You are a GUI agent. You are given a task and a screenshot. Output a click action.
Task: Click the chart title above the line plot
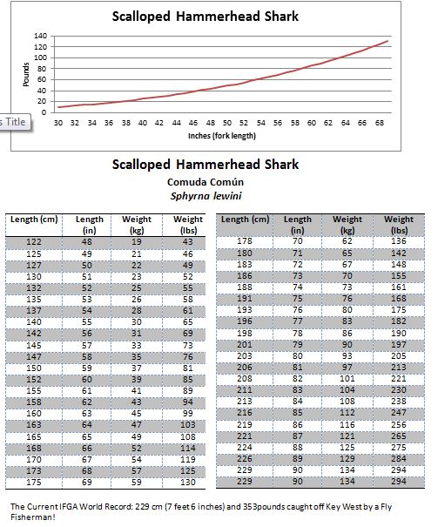click(x=206, y=15)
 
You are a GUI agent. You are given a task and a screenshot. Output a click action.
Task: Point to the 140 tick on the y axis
click(x=40, y=37)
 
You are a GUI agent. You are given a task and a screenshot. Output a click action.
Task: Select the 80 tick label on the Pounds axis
click(x=42, y=69)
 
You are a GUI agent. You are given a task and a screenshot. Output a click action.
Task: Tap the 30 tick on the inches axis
click(x=58, y=124)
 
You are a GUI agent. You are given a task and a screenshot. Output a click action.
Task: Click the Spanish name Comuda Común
click(x=205, y=182)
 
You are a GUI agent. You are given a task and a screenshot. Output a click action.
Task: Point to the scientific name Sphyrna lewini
click(x=205, y=195)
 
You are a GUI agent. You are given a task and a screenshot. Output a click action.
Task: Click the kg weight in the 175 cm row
click(x=137, y=482)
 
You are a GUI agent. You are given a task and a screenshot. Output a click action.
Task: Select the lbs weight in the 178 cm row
click(x=399, y=241)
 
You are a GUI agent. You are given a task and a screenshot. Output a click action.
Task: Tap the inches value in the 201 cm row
click(x=298, y=343)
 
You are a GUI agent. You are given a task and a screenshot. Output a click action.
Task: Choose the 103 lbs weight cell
click(x=187, y=424)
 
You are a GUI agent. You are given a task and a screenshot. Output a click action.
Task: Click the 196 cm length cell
click(x=245, y=321)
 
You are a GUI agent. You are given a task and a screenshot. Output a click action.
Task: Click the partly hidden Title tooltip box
click(x=15, y=121)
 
